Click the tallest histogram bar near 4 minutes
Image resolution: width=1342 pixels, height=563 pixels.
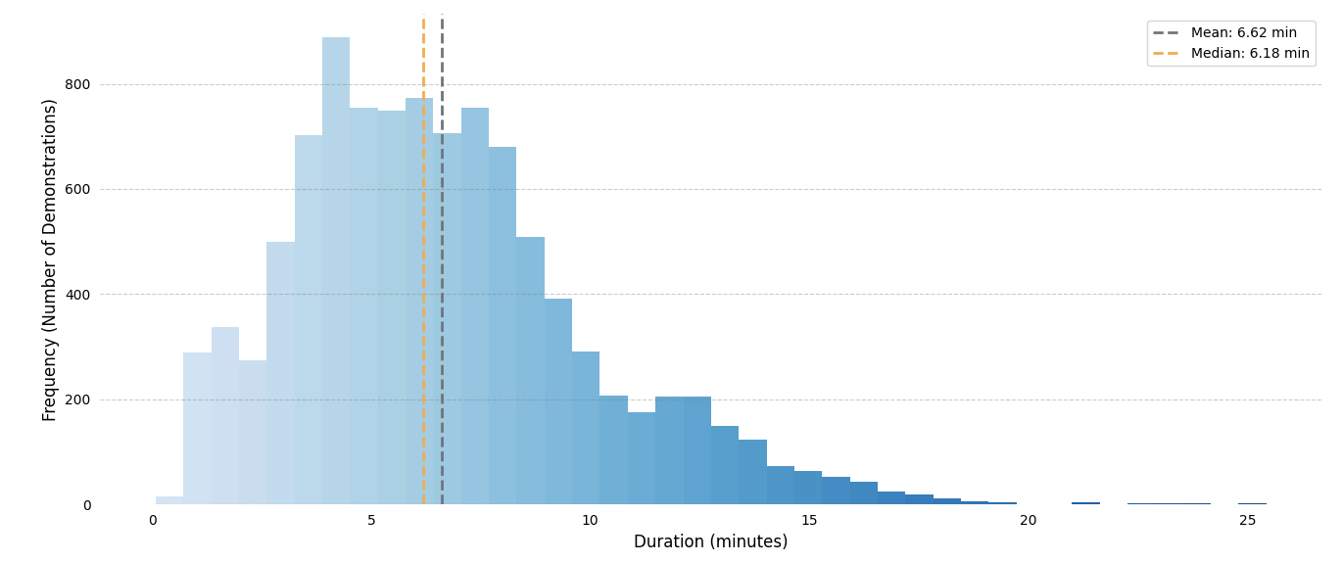(x=336, y=274)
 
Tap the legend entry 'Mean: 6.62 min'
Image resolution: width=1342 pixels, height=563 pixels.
(x=1243, y=33)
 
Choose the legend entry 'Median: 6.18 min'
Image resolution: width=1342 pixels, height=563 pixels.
(x=1249, y=54)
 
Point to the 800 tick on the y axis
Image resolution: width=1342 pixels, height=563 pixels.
(x=77, y=85)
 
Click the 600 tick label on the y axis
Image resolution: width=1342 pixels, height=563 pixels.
(x=77, y=190)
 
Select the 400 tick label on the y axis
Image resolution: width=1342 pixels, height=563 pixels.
(x=77, y=295)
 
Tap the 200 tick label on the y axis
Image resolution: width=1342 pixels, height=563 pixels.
(x=77, y=400)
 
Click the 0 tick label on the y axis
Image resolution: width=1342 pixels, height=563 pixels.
(x=86, y=505)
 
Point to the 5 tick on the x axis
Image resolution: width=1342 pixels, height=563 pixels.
(x=371, y=521)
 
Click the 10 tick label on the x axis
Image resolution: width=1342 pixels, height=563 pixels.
(x=590, y=521)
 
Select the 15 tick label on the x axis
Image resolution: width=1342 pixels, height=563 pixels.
(x=809, y=521)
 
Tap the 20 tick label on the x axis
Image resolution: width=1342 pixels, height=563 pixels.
(x=1028, y=521)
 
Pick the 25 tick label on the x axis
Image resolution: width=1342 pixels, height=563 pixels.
(x=1247, y=521)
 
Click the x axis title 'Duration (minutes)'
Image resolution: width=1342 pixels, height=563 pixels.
(x=710, y=542)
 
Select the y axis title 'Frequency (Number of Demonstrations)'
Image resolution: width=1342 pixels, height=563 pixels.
(x=50, y=259)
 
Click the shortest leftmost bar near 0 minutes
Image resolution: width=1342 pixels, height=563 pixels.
(x=169, y=500)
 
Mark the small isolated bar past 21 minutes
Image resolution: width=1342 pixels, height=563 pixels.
(x=1085, y=503)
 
